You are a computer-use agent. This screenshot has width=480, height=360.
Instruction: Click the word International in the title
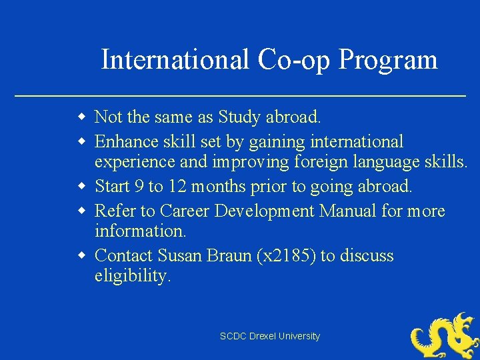click(x=175, y=60)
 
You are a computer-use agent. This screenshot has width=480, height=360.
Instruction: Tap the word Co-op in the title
click(x=293, y=60)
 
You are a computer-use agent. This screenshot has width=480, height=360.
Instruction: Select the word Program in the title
click(x=387, y=60)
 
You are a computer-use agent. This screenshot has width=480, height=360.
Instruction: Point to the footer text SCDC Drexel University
click(x=270, y=337)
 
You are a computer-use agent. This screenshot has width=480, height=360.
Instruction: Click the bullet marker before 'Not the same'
click(x=81, y=118)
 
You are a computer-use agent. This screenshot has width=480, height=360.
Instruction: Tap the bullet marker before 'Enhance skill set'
click(x=81, y=141)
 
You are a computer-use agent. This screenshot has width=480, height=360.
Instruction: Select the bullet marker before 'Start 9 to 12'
click(x=81, y=187)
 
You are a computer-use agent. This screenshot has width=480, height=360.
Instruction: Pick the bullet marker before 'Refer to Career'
click(x=81, y=211)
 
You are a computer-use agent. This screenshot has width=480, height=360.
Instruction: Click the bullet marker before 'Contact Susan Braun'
click(x=81, y=256)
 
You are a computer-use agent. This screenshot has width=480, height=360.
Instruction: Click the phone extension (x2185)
click(x=286, y=257)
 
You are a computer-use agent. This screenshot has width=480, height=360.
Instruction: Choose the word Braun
click(x=231, y=256)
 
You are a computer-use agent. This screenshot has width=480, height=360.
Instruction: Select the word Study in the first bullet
click(x=239, y=118)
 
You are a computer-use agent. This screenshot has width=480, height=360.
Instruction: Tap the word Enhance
click(x=125, y=141)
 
